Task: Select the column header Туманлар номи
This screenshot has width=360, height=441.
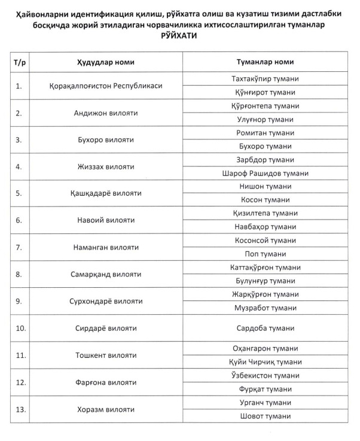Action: pyautogui.click(x=265, y=62)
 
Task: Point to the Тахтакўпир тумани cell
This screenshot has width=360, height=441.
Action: pyautogui.click(x=265, y=79)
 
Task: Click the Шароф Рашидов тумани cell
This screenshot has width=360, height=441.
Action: pyautogui.click(x=265, y=174)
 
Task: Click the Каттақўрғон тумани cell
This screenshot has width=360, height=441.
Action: pyautogui.click(x=265, y=267)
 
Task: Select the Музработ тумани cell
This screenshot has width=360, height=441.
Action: pyautogui.click(x=265, y=308)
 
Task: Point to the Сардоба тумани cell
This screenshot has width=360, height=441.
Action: pyautogui.click(x=265, y=329)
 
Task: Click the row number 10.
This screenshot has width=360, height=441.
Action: pyautogui.click(x=20, y=329)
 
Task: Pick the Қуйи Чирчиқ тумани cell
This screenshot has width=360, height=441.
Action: pyautogui.click(x=265, y=362)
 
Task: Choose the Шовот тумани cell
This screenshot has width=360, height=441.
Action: pyautogui.click(x=265, y=416)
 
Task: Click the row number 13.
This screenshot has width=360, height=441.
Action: pyautogui.click(x=20, y=410)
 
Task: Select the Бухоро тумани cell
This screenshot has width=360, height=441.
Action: pyautogui.click(x=265, y=146)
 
